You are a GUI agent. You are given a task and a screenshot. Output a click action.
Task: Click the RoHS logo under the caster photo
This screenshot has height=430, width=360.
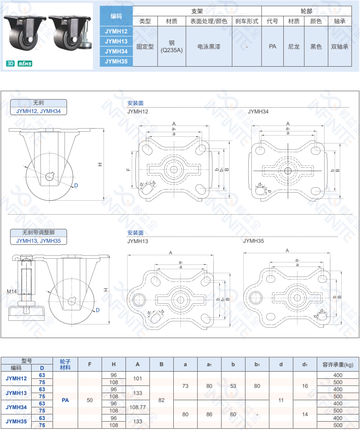(x=25, y=64)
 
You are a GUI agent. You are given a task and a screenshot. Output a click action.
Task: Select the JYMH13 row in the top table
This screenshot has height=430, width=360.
(x=116, y=41)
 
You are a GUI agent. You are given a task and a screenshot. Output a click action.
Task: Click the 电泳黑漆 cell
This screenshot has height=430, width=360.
(x=209, y=47)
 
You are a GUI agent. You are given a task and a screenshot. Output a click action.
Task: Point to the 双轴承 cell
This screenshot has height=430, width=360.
(x=340, y=47)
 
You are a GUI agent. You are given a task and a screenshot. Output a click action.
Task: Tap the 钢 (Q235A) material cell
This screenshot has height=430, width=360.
(x=172, y=47)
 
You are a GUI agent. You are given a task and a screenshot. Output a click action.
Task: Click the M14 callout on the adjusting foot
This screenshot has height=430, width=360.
(x=11, y=291)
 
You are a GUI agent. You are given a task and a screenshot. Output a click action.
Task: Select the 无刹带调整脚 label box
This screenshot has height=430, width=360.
(x=38, y=233)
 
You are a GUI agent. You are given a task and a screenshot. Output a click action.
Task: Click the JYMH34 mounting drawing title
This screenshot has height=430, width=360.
(x=258, y=111)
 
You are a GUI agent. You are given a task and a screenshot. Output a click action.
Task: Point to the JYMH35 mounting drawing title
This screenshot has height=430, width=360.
(x=253, y=241)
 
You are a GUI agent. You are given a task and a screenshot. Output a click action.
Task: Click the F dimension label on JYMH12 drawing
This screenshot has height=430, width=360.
(x=128, y=169)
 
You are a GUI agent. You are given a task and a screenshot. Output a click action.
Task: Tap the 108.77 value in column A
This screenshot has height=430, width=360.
(x=138, y=407)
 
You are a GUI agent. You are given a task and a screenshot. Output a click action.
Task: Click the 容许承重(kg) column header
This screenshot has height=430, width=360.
(x=338, y=365)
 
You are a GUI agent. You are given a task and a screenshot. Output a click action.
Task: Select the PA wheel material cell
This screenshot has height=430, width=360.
(x=65, y=400)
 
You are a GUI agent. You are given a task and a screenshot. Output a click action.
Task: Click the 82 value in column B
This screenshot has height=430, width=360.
(x=162, y=400)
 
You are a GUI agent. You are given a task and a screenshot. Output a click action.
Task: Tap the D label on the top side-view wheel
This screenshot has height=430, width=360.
(x=76, y=185)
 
